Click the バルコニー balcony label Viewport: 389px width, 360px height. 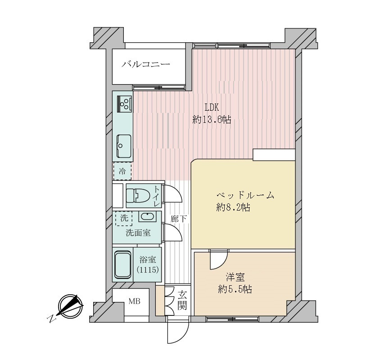pyautogui.click(x=146, y=64)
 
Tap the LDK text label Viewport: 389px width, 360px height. pyautogui.click(x=212, y=108)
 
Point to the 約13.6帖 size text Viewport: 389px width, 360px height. pyautogui.click(x=212, y=120)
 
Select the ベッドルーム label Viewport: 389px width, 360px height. pyautogui.click(x=245, y=195)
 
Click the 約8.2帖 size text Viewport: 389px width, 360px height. pyautogui.click(x=233, y=207)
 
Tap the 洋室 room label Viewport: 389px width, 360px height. pyautogui.click(x=235, y=277)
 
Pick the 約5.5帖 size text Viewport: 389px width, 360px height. pyautogui.click(x=235, y=289)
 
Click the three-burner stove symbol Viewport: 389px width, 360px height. pyautogui.click(x=125, y=103)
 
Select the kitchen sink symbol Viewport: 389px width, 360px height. pyautogui.click(x=124, y=146)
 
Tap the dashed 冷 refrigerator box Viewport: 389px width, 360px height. pyautogui.click(x=122, y=171)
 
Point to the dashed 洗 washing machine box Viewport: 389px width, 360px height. pyautogui.click(x=124, y=218)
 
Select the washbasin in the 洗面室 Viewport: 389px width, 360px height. pyautogui.click(x=147, y=217)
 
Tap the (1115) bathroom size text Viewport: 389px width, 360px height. pyautogui.click(x=148, y=269)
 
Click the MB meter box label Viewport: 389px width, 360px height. pyautogui.click(x=135, y=301)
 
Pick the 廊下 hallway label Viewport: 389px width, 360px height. pyautogui.click(x=178, y=219)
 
